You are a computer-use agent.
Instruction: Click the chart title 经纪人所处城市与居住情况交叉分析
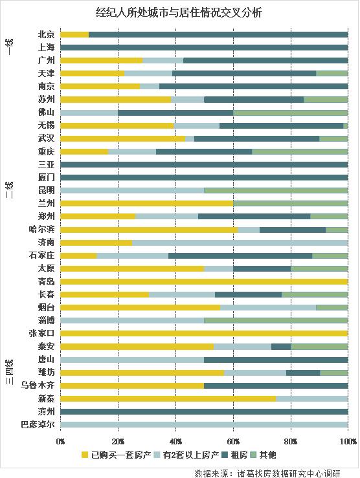tap(179, 12)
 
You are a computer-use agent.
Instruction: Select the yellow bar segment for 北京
tap(74, 34)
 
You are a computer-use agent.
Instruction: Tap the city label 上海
tap(46, 47)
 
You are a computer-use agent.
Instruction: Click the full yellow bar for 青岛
tap(204, 281)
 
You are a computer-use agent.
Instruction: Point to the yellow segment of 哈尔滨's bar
tap(149, 230)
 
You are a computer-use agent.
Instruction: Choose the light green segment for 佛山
tap(290, 112)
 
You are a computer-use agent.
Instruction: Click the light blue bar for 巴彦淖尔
tap(204, 424)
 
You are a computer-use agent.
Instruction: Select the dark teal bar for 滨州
tap(204, 411)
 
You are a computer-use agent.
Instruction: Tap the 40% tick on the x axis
tap(175, 441)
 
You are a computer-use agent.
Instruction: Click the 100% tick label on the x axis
tap(348, 441)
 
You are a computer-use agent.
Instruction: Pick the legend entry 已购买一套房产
tap(116, 455)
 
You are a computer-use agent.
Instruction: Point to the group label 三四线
tap(10, 373)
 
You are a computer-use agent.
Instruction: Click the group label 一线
tap(10, 47)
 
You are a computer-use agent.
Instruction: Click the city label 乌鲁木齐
tap(38, 386)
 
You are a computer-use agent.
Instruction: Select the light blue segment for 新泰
tap(312, 398)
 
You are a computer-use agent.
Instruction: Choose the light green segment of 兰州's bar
tap(290, 203)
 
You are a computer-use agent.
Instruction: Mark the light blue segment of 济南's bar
tap(240, 243)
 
